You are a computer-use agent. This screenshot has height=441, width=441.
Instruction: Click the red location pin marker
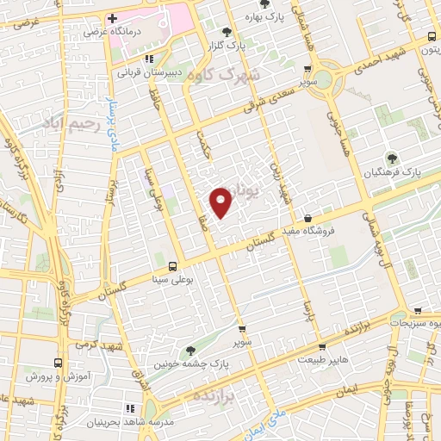[x=221, y=202]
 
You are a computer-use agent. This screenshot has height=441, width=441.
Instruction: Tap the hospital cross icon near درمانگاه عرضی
[x=112, y=18]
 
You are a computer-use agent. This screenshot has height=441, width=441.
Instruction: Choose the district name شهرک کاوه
[x=227, y=75]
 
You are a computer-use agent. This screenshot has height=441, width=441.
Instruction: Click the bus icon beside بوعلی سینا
[x=173, y=266]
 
